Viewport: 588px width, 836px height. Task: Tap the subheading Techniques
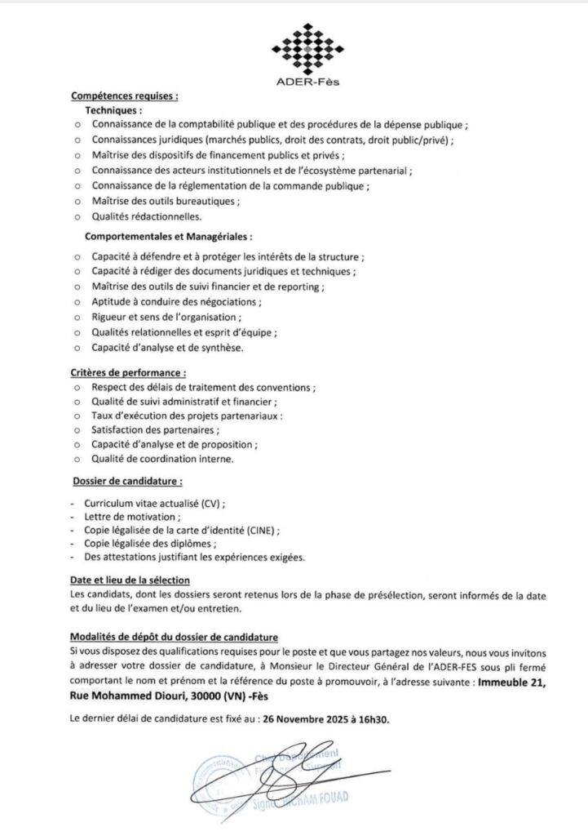pyautogui.click(x=113, y=109)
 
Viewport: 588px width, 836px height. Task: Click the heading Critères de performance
pyautogui.click(x=123, y=372)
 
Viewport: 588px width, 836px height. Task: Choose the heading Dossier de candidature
pyautogui.click(x=126, y=481)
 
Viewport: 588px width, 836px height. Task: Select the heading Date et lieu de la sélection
pyautogui.click(x=130, y=580)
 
